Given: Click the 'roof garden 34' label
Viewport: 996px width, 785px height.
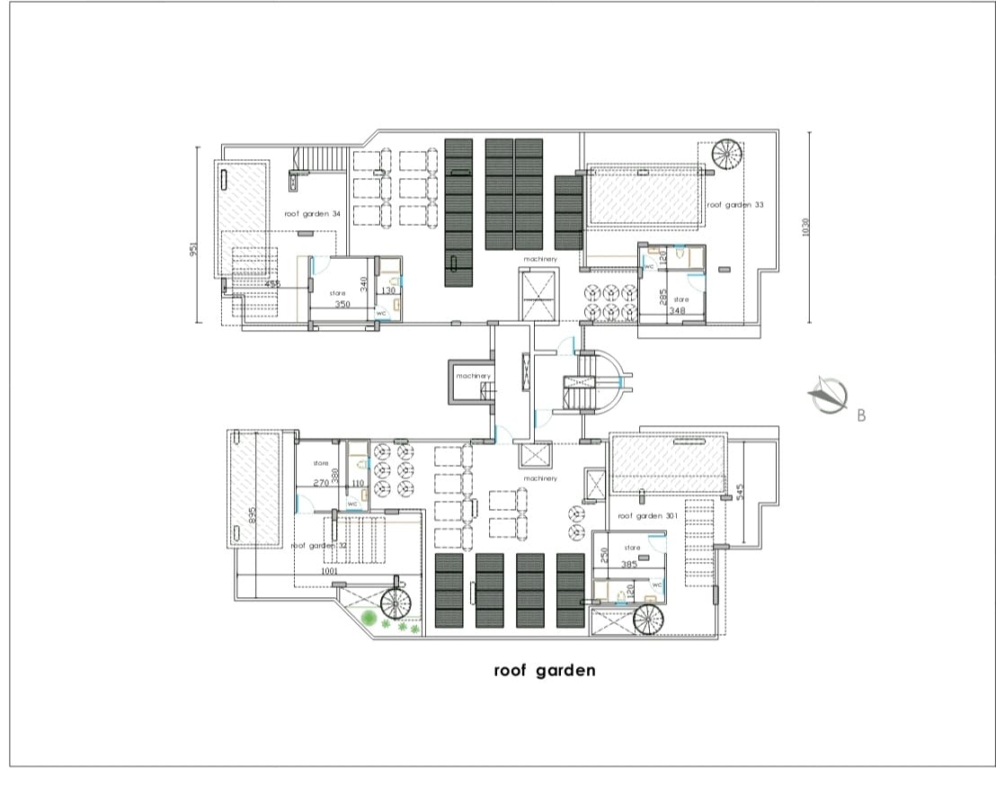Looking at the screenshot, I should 312,214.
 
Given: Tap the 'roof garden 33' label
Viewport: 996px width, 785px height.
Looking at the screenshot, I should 734,205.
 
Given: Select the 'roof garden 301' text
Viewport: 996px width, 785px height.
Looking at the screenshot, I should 647,516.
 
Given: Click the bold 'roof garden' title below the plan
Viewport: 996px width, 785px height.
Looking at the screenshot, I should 544,671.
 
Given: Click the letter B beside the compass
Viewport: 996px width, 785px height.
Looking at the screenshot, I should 861,415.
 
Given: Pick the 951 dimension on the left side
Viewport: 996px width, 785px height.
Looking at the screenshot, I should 193,249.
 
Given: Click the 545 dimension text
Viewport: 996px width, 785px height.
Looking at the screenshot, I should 740,493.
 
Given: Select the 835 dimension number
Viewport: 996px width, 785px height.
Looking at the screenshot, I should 253,514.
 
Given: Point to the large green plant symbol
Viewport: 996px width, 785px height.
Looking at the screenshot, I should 369,619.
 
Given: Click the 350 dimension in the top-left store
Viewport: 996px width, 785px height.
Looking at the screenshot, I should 342,305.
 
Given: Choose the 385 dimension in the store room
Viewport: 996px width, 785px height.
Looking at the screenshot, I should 629,564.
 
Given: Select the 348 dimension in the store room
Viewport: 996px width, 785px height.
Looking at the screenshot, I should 678,311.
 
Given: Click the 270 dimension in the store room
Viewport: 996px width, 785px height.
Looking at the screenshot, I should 321,483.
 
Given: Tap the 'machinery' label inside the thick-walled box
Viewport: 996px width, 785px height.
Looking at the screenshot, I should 473,375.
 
